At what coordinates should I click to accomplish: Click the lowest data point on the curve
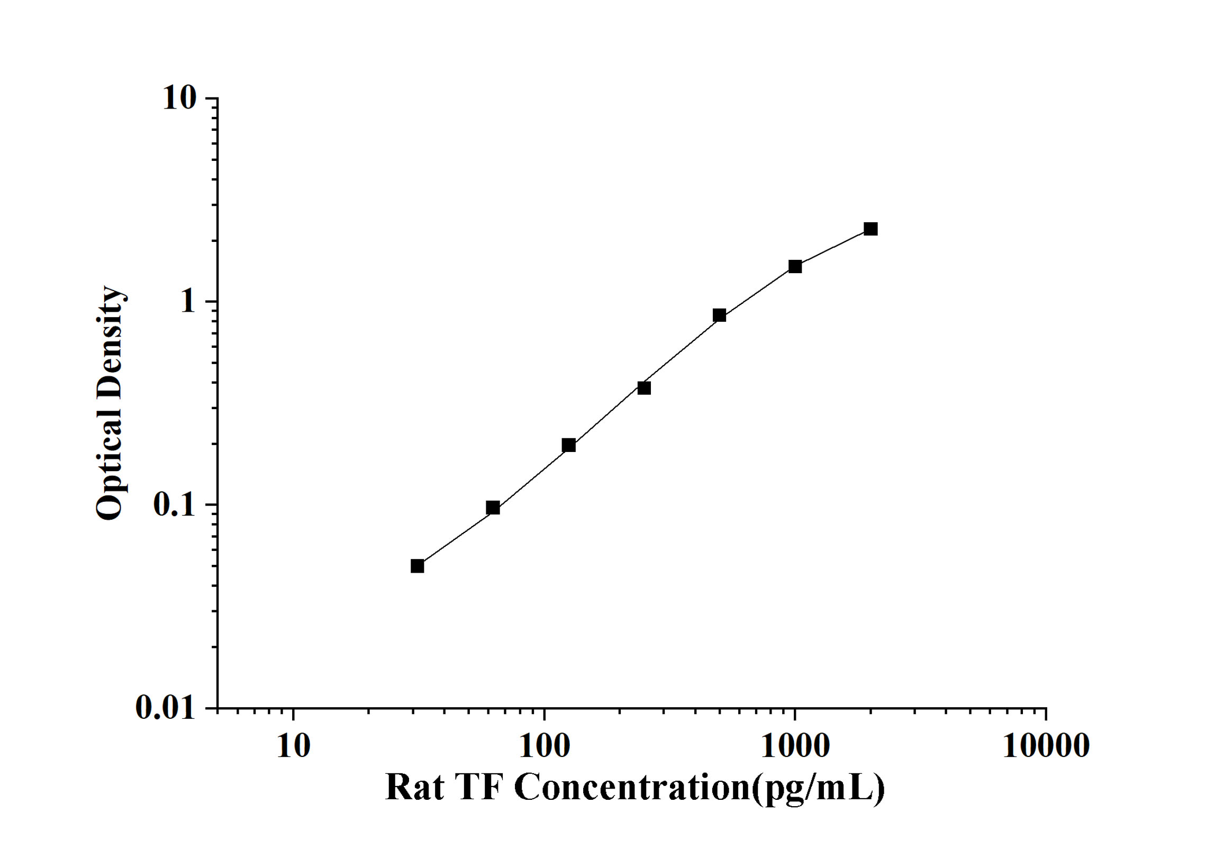coord(418,566)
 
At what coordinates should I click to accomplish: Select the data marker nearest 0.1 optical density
coord(493,508)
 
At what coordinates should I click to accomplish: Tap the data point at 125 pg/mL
coord(569,445)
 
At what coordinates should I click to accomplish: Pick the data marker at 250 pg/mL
coord(644,388)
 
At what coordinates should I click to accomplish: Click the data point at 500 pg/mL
coord(719,315)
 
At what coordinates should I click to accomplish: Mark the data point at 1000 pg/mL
coord(795,266)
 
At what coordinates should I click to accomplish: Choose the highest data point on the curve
coord(871,229)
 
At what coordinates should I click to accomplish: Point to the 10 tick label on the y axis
coord(179,98)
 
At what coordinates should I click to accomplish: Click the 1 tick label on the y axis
coord(187,302)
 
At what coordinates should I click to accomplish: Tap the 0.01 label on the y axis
coord(166,707)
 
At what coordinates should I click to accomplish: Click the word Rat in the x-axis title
coord(414,788)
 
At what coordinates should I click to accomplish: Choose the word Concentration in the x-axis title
coord(632,788)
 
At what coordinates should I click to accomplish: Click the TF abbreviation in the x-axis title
coord(479,788)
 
